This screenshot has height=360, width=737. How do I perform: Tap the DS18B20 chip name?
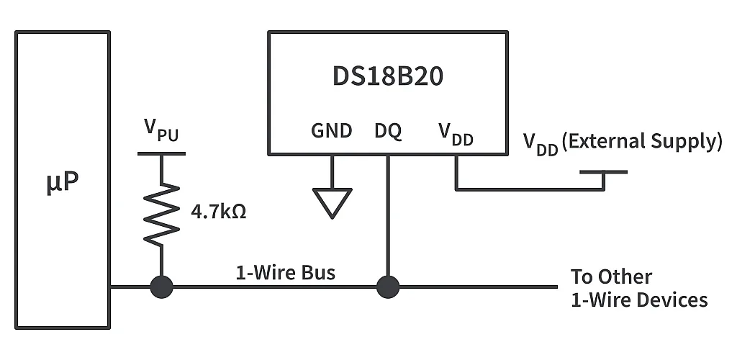click(x=388, y=77)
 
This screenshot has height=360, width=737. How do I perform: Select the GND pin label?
click(x=332, y=131)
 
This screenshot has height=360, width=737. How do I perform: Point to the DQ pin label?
click(x=388, y=132)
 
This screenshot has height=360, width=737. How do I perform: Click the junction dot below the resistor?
click(x=161, y=287)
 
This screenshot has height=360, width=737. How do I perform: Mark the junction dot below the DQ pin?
click(x=388, y=287)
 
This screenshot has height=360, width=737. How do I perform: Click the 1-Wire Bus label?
click(x=286, y=273)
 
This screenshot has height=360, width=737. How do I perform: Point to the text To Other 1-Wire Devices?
click(x=639, y=288)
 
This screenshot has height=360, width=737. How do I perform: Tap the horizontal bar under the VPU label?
click(x=161, y=153)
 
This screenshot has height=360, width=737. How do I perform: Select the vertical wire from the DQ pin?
click(x=388, y=216)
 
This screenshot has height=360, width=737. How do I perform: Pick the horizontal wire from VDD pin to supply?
click(x=529, y=190)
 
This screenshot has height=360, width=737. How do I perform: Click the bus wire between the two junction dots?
click(x=273, y=287)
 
